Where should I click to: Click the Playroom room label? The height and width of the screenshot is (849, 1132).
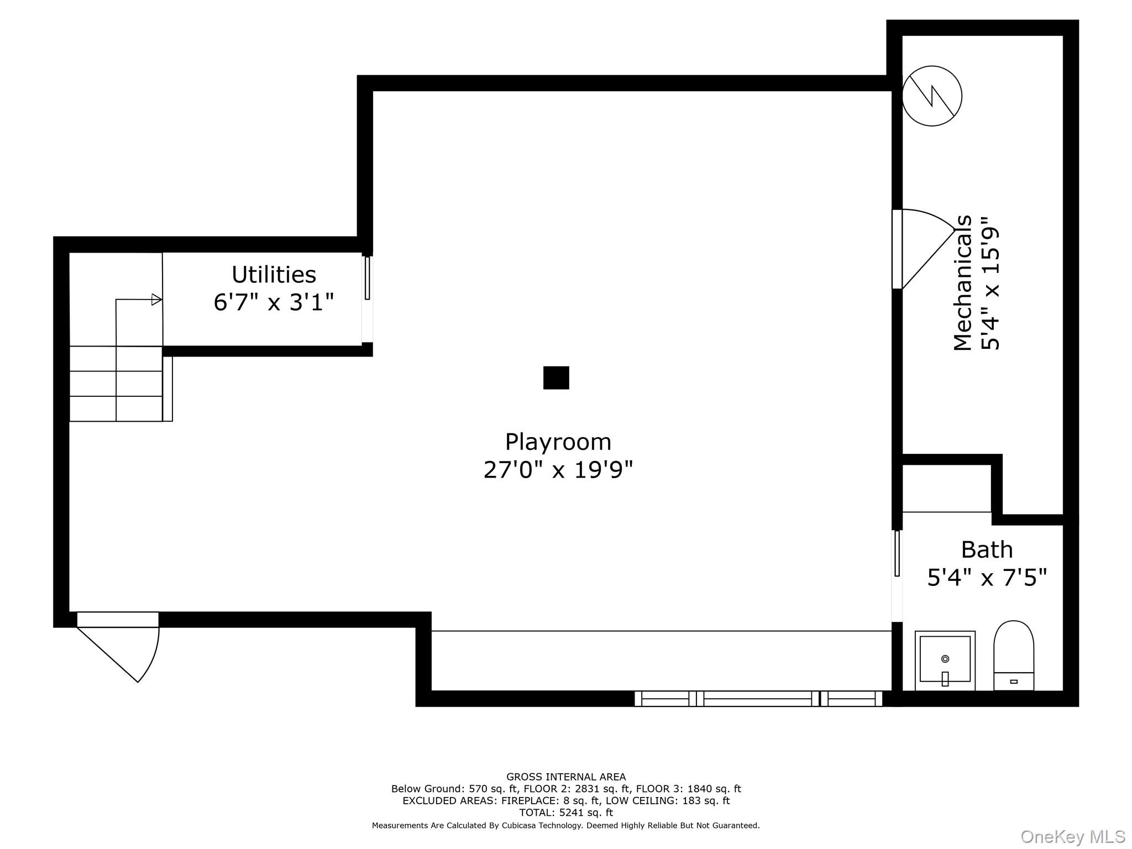pyautogui.click(x=558, y=442)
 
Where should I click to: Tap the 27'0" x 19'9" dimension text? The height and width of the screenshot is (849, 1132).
pyautogui.click(x=558, y=470)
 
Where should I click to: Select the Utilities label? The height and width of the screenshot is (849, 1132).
pyautogui.click(x=274, y=275)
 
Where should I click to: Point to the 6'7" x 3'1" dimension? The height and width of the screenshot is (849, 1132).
pyautogui.click(x=274, y=302)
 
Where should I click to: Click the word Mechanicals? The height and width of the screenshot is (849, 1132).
pyautogui.click(x=962, y=282)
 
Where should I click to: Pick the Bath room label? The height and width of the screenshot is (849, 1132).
pyautogui.click(x=987, y=550)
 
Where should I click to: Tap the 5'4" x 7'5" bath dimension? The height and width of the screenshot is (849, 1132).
pyautogui.click(x=987, y=578)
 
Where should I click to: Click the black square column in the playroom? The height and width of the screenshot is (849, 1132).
pyautogui.click(x=556, y=378)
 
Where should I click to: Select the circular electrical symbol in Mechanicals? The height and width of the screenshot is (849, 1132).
pyautogui.click(x=932, y=96)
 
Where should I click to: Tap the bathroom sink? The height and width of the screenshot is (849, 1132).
pyautogui.click(x=945, y=660)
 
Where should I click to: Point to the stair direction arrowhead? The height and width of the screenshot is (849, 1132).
pyautogui.click(x=157, y=300)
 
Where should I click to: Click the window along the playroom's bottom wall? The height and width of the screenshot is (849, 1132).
pyautogui.click(x=758, y=699)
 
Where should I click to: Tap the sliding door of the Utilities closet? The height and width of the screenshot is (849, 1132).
pyautogui.click(x=367, y=278)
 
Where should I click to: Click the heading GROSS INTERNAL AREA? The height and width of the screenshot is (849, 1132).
pyautogui.click(x=566, y=777)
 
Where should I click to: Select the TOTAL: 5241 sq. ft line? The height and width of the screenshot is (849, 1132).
pyautogui.click(x=566, y=813)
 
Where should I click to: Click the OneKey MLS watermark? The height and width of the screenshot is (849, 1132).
pyautogui.click(x=1072, y=837)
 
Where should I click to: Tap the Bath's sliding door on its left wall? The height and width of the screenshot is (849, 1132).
pyautogui.click(x=897, y=553)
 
